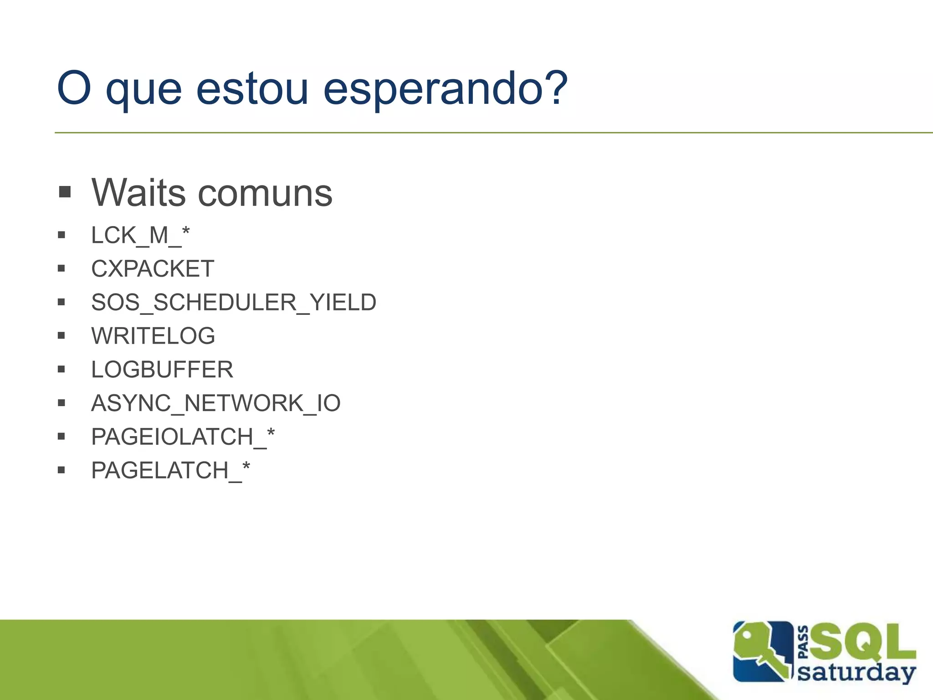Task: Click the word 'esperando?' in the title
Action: click(445, 88)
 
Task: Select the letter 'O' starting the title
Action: click(74, 87)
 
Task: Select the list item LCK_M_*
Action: click(140, 236)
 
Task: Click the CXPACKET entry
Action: click(153, 269)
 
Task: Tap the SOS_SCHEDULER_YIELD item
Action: click(234, 303)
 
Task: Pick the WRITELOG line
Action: click(153, 336)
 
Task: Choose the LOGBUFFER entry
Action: click(162, 370)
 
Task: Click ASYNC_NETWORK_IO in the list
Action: click(216, 403)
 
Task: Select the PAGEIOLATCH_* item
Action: click(183, 437)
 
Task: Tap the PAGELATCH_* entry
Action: click(170, 470)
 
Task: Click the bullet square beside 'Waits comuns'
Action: click(65, 192)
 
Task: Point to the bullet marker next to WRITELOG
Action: click(62, 336)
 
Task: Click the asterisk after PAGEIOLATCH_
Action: click(271, 432)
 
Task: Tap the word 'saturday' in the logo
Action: click(856, 673)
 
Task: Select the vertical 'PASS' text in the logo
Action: click(804, 643)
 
